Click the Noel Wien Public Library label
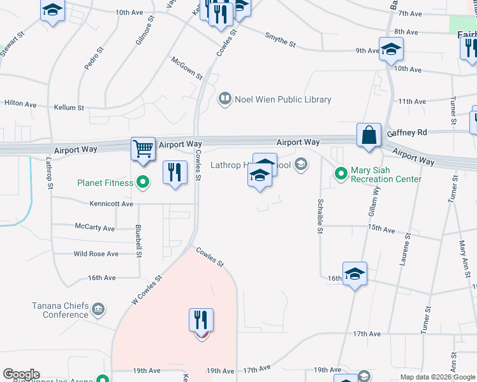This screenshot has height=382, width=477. pos(283,99)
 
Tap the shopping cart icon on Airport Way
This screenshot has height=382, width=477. pos(143,149)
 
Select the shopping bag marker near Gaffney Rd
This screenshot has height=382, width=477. pos(369,135)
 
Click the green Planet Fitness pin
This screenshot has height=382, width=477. pos(143,183)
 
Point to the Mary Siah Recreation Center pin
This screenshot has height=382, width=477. pos(341,172)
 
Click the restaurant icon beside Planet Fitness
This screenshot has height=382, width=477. pos(174,173)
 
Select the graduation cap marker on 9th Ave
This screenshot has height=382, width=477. pos(391,49)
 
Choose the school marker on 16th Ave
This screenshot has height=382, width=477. pos(355,274)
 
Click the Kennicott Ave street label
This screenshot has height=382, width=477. pos(112,204)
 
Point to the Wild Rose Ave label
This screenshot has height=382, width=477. pos(96,254)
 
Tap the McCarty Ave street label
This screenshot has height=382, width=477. pos(94,228)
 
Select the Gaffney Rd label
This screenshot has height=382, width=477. pos(406,133)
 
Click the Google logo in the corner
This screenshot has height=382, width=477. pos(21,374)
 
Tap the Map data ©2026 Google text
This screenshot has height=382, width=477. pos(437,377)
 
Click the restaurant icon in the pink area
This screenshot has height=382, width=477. pos(201,320)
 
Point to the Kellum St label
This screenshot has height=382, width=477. pos(69,108)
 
